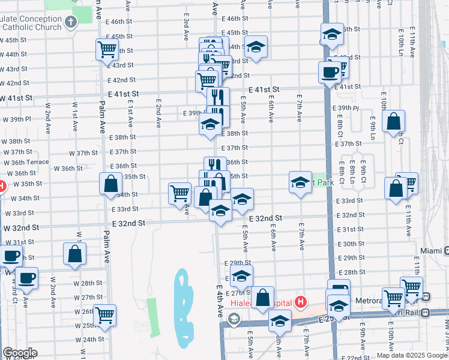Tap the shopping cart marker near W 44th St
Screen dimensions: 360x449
click(107, 50)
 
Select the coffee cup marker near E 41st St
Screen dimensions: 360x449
click(330, 73)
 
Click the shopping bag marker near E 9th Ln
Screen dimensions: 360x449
click(394, 122)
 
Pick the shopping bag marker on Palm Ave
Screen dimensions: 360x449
click(111, 184)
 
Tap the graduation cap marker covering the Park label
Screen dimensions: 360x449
click(300, 182)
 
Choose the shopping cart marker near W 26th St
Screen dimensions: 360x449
click(104, 314)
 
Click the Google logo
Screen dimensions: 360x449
click(20, 353)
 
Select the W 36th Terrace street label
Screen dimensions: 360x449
click(25, 162)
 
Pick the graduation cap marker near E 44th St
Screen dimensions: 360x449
click(256, 47)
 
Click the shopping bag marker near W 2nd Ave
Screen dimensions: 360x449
click(74, 254)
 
